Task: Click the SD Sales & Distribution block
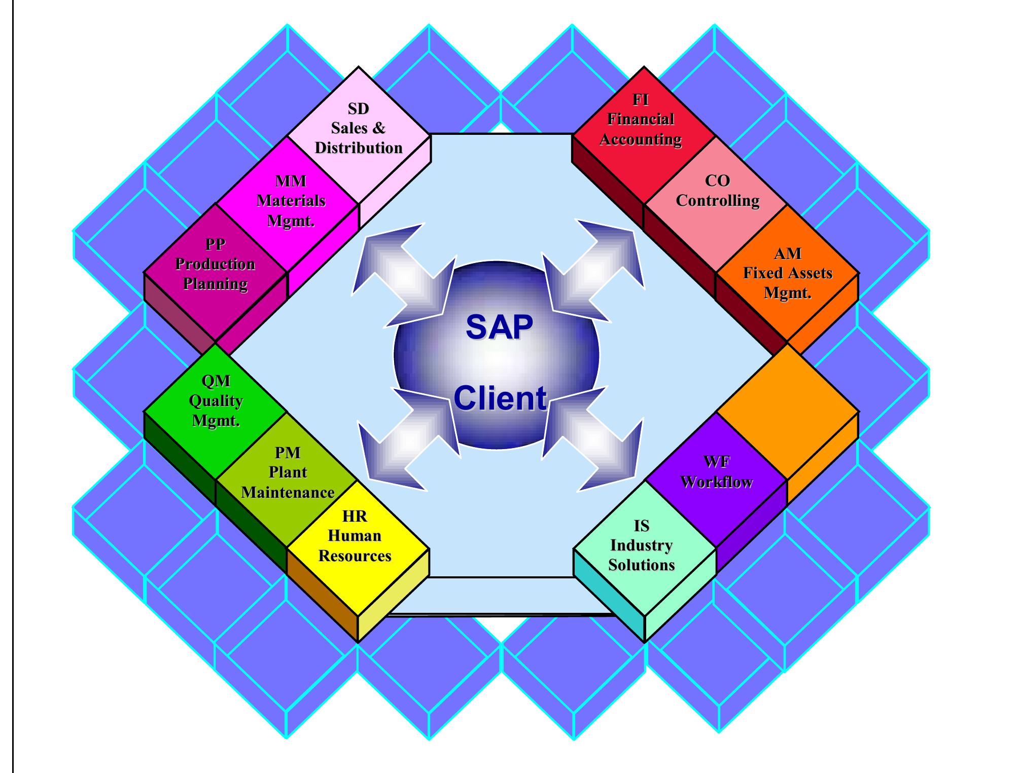[359, 129]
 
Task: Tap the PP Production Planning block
[216, 265]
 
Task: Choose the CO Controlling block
[717, 193]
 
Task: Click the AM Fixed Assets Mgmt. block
[787, 273]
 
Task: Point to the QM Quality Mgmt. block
[216, 401]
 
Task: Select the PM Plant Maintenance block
[288, 472]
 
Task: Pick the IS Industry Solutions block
[642, 546]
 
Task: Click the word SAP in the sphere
[499, 327]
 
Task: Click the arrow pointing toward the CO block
[593, 271]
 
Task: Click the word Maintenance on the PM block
[288, 493]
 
